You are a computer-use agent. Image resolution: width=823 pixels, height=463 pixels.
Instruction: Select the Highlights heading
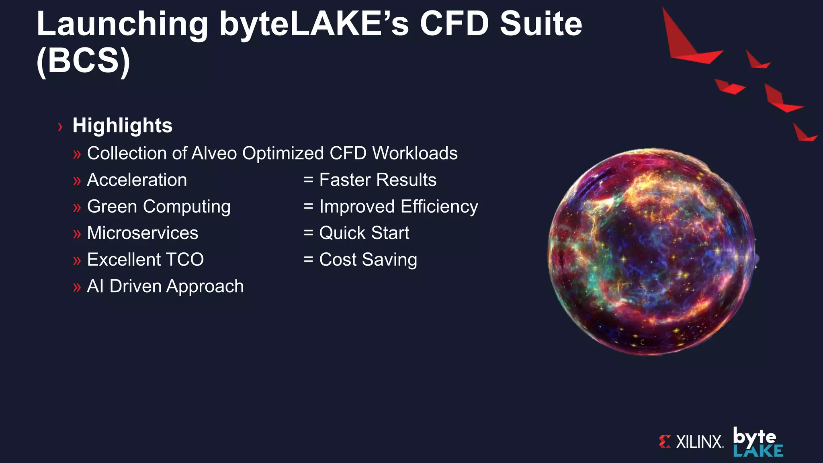(x=122, y=125)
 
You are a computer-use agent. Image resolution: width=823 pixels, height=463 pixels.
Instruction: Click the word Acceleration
(x=137, y=180)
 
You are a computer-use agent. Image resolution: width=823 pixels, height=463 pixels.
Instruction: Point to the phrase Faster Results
(x=377, y=180)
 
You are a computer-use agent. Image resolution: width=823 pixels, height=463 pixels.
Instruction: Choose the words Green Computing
(x=159, y=207)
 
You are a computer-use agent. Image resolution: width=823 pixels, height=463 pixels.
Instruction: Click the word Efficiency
(x=439, y=207)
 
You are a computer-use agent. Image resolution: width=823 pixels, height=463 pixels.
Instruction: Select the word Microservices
(x=142, y=233)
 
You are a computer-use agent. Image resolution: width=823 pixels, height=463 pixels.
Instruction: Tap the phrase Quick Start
(x=364, y=233)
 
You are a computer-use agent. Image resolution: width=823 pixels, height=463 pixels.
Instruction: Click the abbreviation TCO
(x=185, y=260)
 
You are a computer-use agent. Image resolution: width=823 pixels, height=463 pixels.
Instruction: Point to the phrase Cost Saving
(x=368, y=260)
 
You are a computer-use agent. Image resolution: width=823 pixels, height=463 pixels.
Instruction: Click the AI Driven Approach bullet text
(x=165, y=286)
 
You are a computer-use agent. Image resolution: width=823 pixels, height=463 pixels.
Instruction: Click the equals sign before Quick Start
(x=308, y=233)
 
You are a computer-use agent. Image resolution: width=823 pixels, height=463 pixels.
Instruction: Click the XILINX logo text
(x=699, y=442)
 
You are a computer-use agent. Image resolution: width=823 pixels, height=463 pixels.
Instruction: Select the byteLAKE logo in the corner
(x=757, y=442)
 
